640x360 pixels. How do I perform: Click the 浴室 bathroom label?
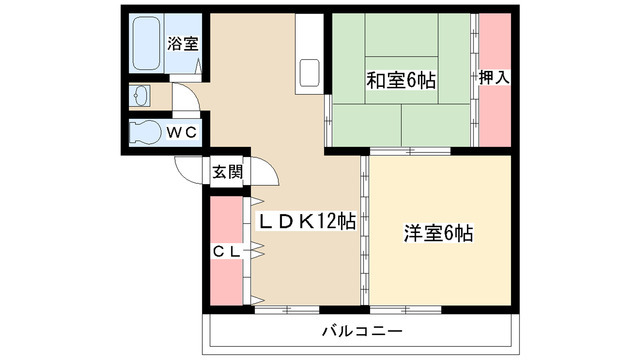(182, 44)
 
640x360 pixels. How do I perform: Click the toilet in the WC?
(144, 132)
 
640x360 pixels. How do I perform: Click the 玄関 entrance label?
(227, 172)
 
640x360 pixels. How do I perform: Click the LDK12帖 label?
(307, 221)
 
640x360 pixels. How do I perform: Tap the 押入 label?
(493, 76)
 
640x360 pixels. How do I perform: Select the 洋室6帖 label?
(438, 234)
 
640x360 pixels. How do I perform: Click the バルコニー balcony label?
(361, 330)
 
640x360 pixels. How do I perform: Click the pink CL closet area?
(225, 280)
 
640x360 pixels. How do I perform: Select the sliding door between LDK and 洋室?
(365, 230)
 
